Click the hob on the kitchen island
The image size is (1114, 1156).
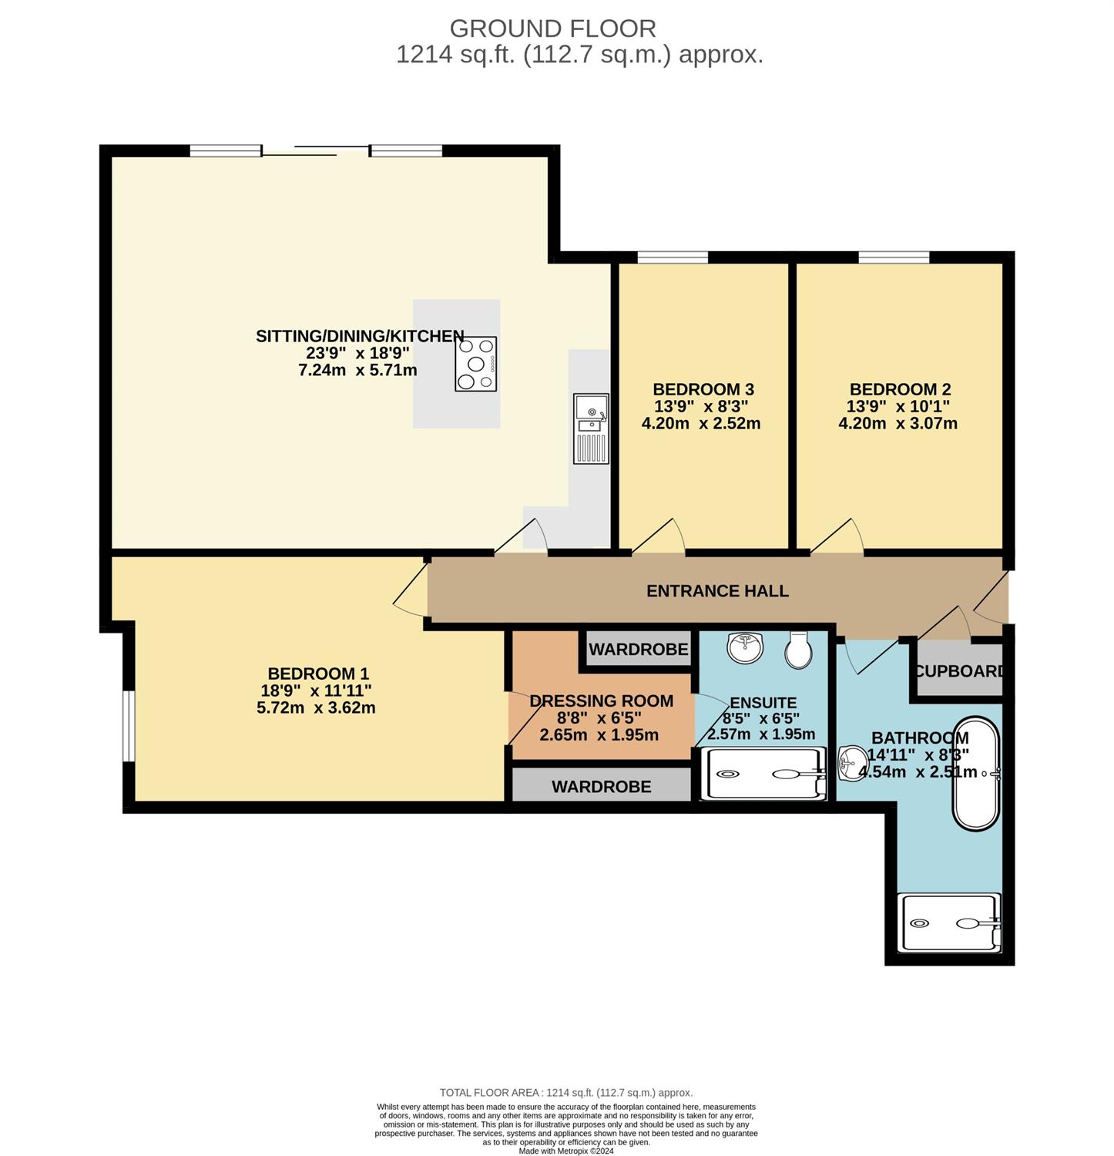475,364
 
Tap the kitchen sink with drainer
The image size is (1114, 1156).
591,428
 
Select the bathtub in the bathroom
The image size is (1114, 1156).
976,774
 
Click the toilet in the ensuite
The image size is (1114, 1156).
797,650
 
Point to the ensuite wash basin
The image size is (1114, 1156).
745,648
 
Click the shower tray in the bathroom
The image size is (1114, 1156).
951,922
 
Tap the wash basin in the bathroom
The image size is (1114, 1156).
851,763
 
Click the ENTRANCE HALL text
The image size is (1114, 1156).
717,591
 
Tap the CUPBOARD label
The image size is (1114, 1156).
960,671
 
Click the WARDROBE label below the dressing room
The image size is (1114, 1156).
602,787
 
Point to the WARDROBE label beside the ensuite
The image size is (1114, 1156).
639,650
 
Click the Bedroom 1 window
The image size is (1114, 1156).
129,727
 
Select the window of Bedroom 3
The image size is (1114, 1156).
673,257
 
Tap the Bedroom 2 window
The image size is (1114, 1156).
894,257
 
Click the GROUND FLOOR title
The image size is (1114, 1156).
553,29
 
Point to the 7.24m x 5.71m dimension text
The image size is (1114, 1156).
357,370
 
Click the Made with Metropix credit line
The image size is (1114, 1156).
566,1151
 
